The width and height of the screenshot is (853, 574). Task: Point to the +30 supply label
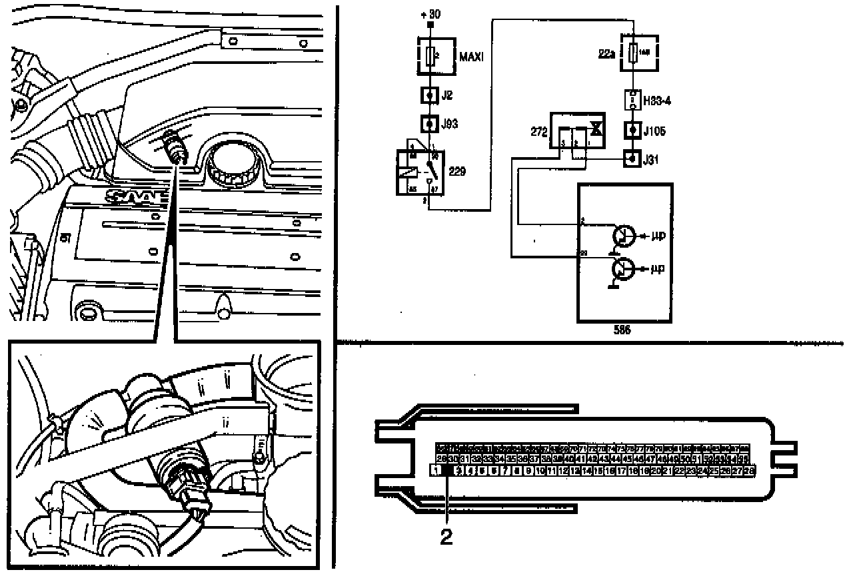(431, 13)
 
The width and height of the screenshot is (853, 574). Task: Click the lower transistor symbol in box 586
(624, 269)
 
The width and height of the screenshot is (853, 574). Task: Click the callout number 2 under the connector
(446, 537)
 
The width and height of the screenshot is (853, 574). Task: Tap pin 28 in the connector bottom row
(749, 471)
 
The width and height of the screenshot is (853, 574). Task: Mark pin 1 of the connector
(436, 471)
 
